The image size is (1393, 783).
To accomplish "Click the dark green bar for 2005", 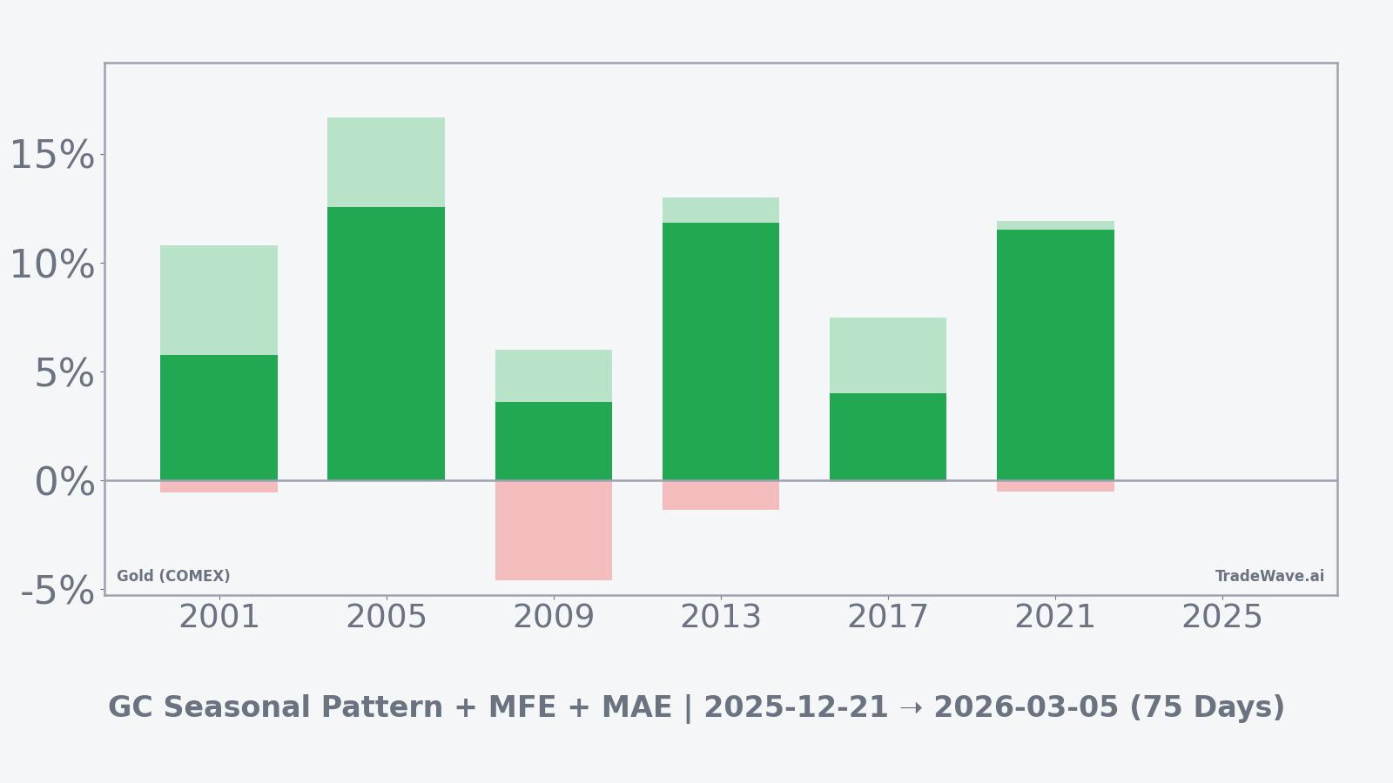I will [x=386, y=344].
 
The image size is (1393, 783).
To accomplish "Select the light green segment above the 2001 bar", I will [x=219, y=300].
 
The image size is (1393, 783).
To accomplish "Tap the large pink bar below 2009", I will [x=554, y=530].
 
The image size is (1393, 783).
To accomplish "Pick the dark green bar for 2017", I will [x=888, y=437].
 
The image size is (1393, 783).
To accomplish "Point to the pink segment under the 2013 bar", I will [x=721, y=495].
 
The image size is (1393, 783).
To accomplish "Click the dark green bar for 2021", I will [x=1055, y=355].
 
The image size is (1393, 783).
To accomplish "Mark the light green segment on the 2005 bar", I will [x=386, y=162].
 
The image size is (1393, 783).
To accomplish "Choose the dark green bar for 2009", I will [x=554, y=441].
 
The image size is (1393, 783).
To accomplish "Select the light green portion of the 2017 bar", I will [x=888, y=355].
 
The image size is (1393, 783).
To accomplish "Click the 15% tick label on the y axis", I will [x=52, y=156].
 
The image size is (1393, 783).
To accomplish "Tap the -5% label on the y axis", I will [x=57, y=591].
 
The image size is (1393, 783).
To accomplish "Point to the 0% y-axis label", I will [x=64, y=482].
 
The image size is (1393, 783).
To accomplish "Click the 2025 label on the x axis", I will [x=1221, y=617].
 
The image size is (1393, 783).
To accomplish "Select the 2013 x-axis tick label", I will [x=720, y=617].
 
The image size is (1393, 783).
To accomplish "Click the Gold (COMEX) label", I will [x=173, y=576].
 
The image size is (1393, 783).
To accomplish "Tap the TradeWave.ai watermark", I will [x=1269, y=576].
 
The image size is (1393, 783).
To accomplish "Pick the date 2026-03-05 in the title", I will [x=1026, y=707].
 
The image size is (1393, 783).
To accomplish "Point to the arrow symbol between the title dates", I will [x=911, y=707].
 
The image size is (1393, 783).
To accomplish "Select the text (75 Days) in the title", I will [x=1207, y=707].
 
